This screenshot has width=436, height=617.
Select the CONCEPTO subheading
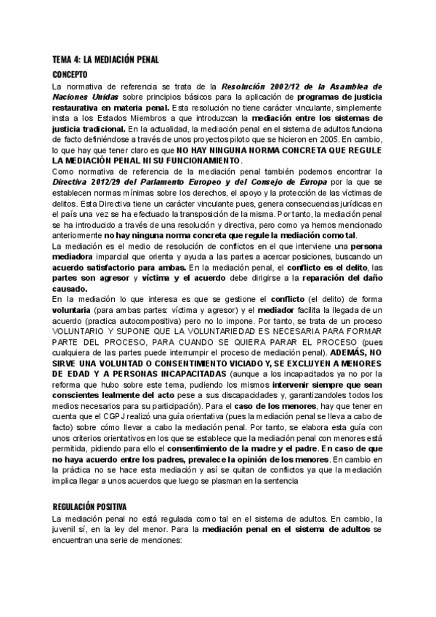coord(70,74)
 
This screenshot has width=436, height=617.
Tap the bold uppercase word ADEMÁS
coord(333,351)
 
